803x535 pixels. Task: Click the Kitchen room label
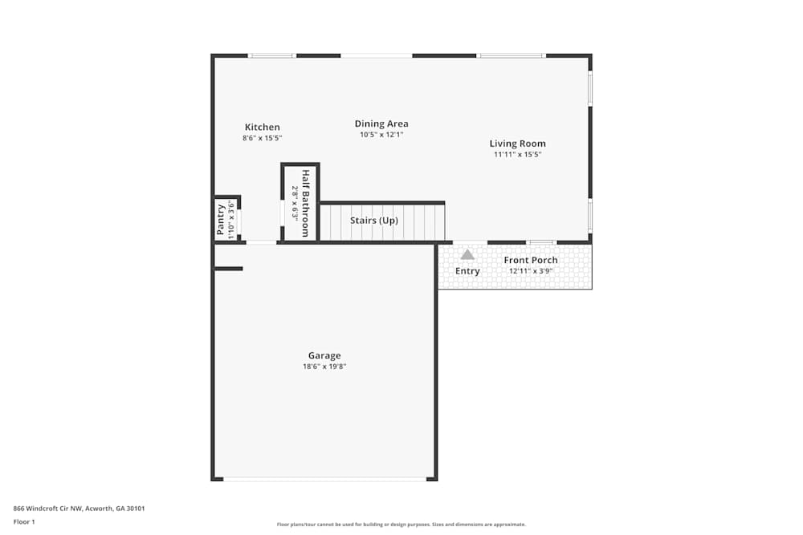263,127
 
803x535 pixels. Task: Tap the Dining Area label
381,124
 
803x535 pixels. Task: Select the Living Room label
518,144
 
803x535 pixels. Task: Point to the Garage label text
324,355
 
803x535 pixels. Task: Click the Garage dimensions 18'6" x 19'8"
324,367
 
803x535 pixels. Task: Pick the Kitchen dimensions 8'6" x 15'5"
263,138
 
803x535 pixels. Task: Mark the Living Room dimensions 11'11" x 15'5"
518,154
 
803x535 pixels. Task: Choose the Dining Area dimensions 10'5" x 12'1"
381,135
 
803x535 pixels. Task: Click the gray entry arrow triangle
467,254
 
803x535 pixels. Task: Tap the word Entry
467,271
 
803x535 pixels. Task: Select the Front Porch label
531,260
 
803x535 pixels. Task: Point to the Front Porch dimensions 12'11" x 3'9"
531,271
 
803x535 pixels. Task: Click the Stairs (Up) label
374,221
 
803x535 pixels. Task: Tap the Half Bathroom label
305,203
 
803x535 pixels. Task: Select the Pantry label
222,220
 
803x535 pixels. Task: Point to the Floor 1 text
24,521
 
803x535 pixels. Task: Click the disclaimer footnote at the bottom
401,525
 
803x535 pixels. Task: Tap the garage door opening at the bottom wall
324,479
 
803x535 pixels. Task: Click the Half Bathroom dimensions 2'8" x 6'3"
295,203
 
